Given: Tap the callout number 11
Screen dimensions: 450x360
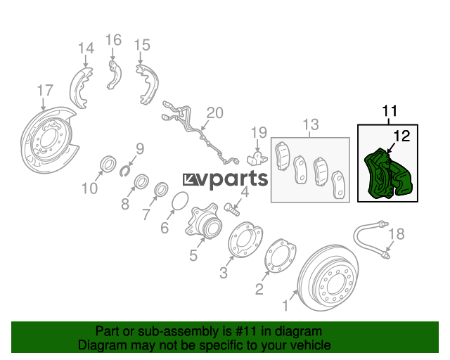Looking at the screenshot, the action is click(390, 110).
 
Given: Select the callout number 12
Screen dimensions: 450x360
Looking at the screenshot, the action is click(401, 136).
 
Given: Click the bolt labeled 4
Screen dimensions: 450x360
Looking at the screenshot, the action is click(231, 210).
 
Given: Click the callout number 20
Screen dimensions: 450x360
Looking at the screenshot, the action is click(214, 112).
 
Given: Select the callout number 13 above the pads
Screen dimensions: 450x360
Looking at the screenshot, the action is click(311, 124).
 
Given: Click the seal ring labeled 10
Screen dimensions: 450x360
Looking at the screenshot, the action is click(108, 165).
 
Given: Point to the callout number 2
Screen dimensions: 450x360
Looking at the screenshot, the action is click(259, 289).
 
